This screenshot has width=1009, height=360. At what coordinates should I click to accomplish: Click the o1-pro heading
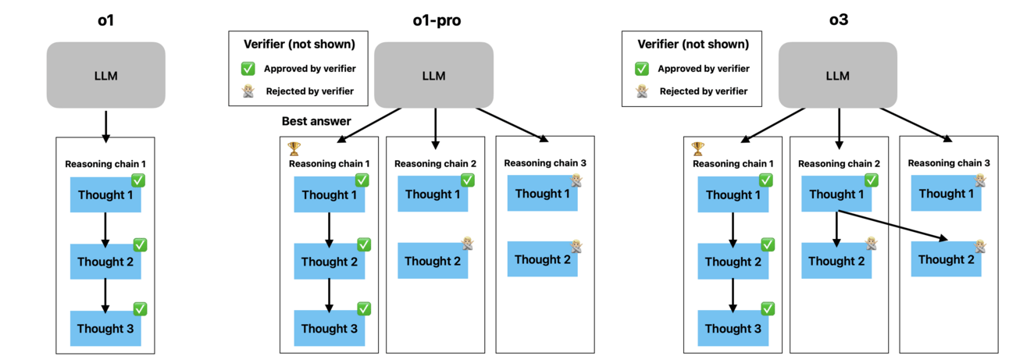click(x=437, y=20)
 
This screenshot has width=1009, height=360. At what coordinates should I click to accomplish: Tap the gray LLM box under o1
click(x=105, y=75)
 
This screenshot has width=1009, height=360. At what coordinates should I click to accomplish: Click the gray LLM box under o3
click(x=837, y=75)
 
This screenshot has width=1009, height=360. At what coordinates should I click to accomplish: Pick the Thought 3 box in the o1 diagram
click(x=105, y=329)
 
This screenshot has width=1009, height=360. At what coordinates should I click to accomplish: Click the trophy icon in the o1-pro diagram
click(x=294, y=148)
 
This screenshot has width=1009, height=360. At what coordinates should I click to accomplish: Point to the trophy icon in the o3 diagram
click(x=697, y=148)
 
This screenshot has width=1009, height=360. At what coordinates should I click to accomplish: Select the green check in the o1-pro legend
click(x=248, y=69)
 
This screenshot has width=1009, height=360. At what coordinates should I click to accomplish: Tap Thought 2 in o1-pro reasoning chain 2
click(x=433, y=261)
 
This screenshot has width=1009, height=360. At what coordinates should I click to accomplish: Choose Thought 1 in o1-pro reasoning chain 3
click(x=543, y=193)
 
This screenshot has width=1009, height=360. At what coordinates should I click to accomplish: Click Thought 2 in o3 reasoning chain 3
click(x=946, y=259)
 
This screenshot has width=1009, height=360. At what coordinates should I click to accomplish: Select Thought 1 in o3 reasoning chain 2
click(x=836, y=194)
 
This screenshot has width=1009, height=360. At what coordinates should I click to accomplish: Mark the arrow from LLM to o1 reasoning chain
click(x=105, y=125)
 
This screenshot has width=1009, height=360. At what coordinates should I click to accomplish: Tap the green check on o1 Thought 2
click(x=140, y=244)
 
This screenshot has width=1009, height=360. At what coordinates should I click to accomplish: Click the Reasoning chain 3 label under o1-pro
click(x=544, y=162)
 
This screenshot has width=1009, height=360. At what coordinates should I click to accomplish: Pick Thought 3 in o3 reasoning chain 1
click(x=733, y=329)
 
